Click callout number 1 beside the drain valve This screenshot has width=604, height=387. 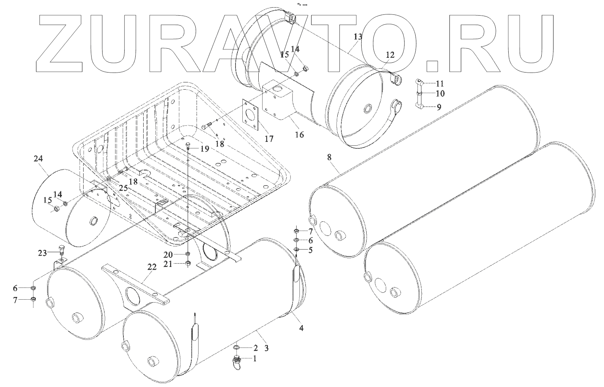(x=255, y=358)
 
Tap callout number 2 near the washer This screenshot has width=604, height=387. (x=255, y=348)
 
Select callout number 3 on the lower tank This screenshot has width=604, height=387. (x=266, y=348)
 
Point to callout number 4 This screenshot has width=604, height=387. (x=301, y=327)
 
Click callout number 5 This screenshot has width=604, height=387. (x=310, y=250)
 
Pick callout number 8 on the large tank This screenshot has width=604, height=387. (x=329, y=156)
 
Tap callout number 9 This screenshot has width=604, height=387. (x=439, y=107)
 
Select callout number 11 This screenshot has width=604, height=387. (x=440, y=83)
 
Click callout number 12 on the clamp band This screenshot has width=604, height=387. (x=390, y=55)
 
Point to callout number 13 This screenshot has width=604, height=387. (x=358, y=36)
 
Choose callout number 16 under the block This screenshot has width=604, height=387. (x=299, y=134)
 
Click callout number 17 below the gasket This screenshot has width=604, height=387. (x=269, y=139)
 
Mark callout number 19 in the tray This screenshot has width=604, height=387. (x=204, y=148)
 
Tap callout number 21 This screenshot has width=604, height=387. (x=168, y=264)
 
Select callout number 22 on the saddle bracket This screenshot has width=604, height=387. (x=152, y=267)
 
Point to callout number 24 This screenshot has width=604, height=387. (x=38, y=160)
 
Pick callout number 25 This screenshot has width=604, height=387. (x=123, y=188)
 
